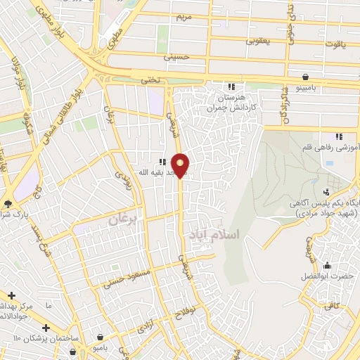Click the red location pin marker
point(181,165)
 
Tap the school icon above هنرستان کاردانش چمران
point(232,86)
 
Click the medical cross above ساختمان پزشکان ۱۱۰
point(46,328)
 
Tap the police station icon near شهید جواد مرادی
point(326,192)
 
